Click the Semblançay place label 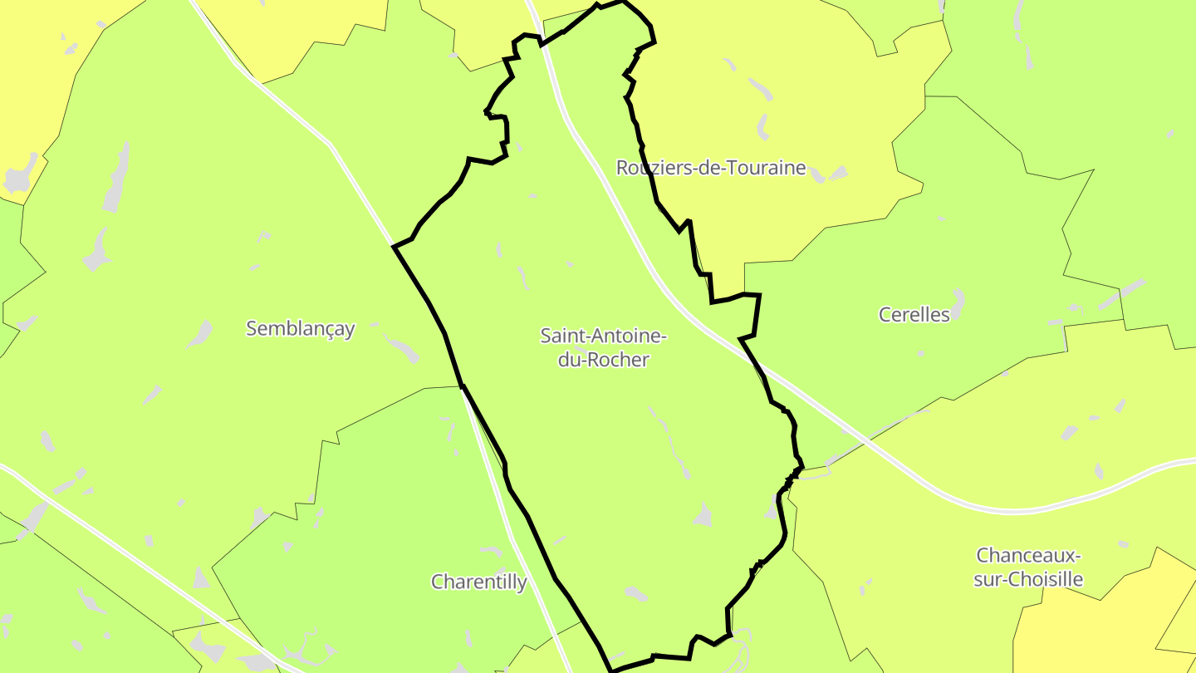point(300,329)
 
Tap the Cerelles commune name point(914,315)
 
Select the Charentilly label point(478,582)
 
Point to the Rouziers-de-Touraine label point(711,168)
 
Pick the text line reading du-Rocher point(603,361)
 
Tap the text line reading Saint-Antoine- point(603,336)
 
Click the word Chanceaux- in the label point(1028,555)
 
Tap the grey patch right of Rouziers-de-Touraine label point(837,173)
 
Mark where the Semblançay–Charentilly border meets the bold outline point(462,386)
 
